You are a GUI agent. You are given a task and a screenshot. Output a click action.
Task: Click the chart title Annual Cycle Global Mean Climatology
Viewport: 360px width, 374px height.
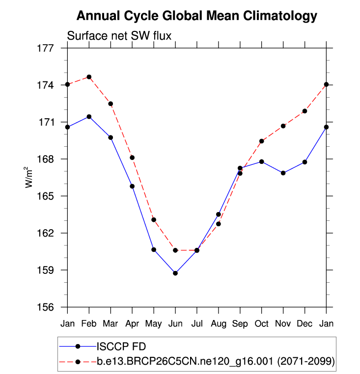pyautogui.click(x=196, y=16)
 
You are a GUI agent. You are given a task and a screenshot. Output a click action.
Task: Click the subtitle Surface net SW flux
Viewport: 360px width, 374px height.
pyautogui.click(x=118, y=35)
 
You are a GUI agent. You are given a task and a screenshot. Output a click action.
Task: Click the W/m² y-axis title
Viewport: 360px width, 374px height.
pyautogui.click(x=30, y=177)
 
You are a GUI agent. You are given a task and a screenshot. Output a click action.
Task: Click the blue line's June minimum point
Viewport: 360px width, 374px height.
pyautogui.click(x=175, y=273)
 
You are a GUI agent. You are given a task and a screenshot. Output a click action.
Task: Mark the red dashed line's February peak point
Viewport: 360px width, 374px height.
pyautogui.click(x=89, y=77)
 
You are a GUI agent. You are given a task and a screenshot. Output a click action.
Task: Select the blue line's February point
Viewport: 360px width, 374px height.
pyautogui.click(x=89, y=116)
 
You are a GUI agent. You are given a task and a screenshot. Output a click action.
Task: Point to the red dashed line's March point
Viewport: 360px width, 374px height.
pyautogui.click(x=111, y=104)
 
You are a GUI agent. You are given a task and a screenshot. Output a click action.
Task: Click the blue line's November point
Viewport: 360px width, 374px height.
pyautogui.click(x=283, y=173)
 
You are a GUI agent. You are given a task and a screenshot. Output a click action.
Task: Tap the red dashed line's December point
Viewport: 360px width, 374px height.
pyautogui.click(x=305, y=111)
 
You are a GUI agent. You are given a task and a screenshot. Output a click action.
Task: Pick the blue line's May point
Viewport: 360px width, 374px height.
pyautogui.click(x=154, y=250)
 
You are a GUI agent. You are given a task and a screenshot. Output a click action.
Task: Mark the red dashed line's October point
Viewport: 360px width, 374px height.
pyautogui.click(x=262, y=141)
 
